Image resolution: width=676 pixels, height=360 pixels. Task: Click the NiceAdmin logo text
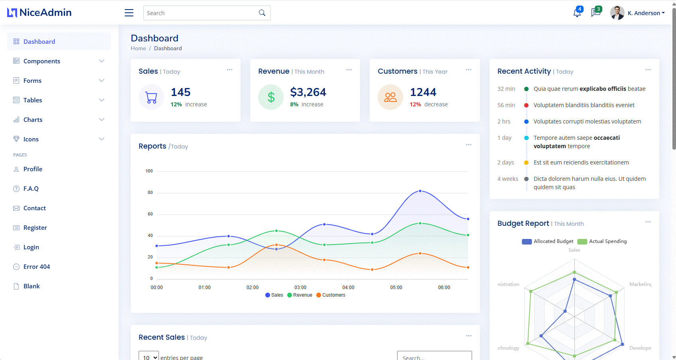pyautogui.click(x=45, y=13)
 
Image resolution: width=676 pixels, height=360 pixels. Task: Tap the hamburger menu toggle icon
pyautogui.click(x=129, y=13)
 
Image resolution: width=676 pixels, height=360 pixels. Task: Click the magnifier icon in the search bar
pyautogui.click(x=262, y=13)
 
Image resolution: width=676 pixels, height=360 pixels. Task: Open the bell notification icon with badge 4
pyautogui.click(x=577, y=13)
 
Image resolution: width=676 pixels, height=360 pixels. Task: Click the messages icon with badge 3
pyautogui.click(x=596, y=13)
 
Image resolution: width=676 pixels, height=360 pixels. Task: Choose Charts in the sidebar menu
pyautogui.click(x=33, y=119)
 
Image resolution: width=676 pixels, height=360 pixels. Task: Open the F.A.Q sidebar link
pyautogui.click(x=31, y=188)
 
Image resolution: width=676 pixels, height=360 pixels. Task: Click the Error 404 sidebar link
pyautogui.click(x=37, y=266)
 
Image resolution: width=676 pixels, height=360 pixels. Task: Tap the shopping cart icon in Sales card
pyautogui.click(x=151, y=97)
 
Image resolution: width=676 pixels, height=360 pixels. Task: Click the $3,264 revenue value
pyautogui.click(x=308, y=92)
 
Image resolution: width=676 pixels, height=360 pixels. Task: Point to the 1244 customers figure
pyautogui.click(x=423, y=92)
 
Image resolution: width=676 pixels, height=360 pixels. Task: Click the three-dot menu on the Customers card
pyautogui.click(x=468, y=70)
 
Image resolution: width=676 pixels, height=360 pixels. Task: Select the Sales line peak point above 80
pyautogui.click(x=420, y=191)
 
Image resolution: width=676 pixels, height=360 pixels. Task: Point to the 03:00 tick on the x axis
pyautogui.click(x=300, y=288)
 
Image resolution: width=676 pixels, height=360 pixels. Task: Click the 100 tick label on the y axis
pyautogui.click(x=149, y=171)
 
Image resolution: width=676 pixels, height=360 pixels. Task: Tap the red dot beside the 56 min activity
pyautogui.click(x=526, y=105)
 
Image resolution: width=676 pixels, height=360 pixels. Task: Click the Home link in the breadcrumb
pyautogui.click(x=138, y=48)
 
